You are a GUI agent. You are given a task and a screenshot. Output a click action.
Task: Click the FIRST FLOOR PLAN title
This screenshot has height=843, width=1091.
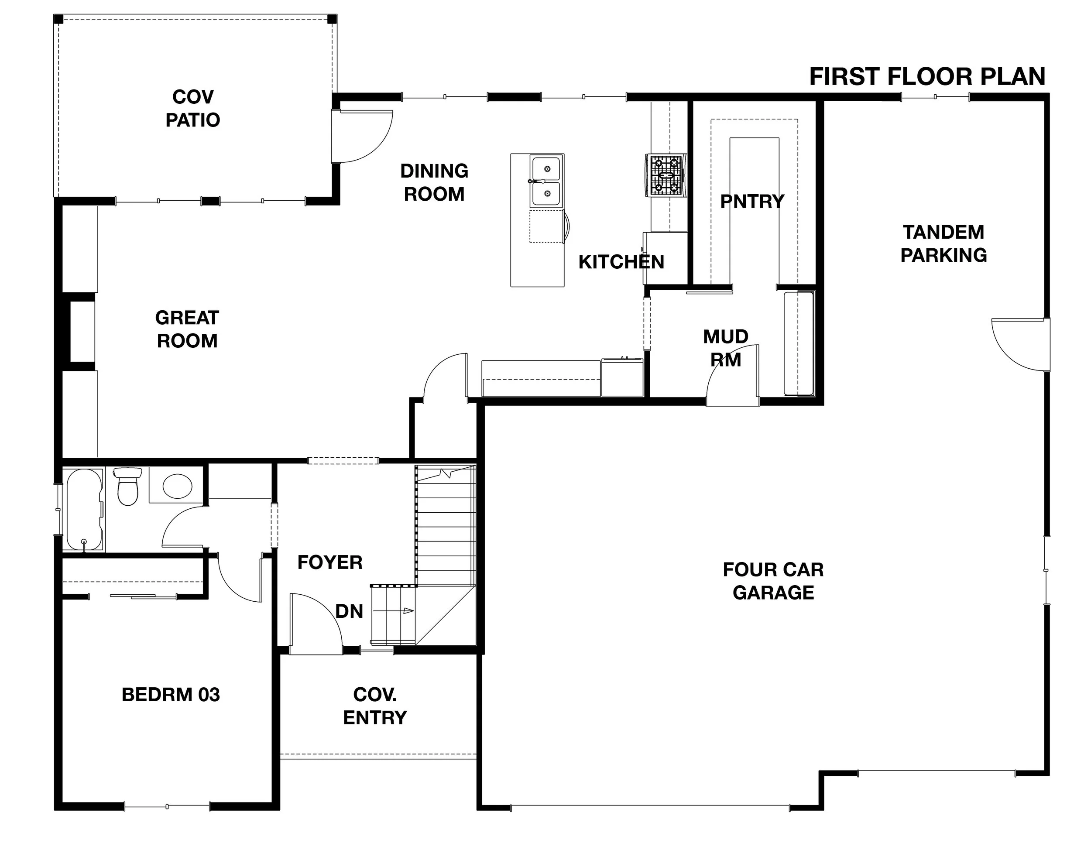click(927, 77)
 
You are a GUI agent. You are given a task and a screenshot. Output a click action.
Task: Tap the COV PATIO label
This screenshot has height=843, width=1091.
click(193, 108)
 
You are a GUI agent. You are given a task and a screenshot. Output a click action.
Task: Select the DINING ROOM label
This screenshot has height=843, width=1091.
click(434, 182)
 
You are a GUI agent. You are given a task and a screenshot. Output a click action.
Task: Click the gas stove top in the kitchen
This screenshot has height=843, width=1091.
click(666, 175)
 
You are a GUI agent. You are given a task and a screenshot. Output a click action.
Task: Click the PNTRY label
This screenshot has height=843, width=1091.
click(752, 202)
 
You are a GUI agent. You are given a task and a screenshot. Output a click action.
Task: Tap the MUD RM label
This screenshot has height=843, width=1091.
click(725, 348)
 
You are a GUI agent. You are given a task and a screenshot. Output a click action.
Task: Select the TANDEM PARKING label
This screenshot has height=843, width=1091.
click(943, 244)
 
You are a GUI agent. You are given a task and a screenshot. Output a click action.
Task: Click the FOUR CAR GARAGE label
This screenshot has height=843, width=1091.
click(773, 581)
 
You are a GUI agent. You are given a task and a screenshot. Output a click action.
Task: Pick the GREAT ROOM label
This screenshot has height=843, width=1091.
click(187, 329)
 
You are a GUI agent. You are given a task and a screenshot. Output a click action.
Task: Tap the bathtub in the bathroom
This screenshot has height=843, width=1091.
click(84, 509)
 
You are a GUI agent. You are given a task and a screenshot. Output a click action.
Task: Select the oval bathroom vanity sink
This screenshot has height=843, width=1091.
click(177, 486)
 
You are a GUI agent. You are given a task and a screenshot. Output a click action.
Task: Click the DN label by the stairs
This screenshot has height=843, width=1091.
click(349, 611)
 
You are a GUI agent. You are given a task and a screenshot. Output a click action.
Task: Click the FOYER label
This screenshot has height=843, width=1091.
click(329, 562)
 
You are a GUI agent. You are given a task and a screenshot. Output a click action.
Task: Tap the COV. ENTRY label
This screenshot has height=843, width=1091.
click(375, 706)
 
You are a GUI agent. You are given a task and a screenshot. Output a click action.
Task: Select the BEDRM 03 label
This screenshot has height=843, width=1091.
click(170, 695)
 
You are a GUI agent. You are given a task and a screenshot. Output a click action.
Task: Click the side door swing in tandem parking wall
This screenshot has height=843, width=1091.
click(1019, 345)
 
